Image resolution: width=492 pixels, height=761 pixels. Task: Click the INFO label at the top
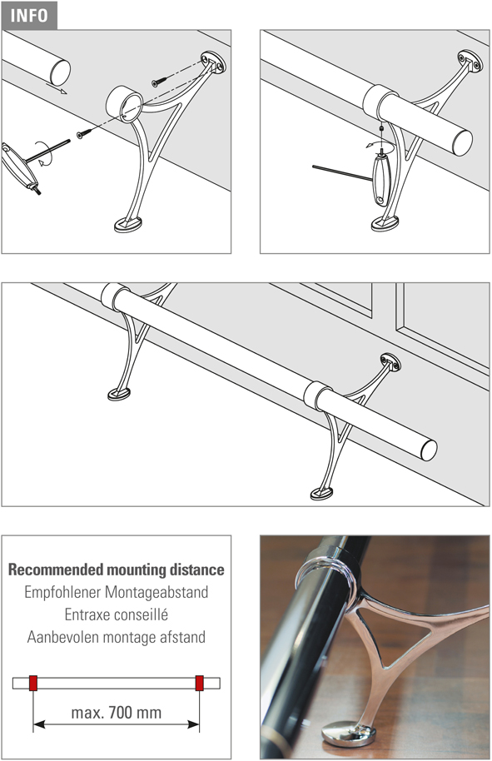(x=28, y=15)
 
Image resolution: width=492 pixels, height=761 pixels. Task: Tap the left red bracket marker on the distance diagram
(x=33, y=683)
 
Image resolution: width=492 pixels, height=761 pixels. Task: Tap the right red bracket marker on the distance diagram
(x=200, y=683)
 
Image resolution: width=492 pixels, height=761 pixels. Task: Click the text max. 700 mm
(x=116, y=713)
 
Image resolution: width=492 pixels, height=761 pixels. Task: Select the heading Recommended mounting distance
(x=116, y=570)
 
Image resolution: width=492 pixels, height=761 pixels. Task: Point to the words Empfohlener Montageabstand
(x=116, y=592)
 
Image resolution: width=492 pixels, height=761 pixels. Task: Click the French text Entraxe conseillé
(x=116, y=614)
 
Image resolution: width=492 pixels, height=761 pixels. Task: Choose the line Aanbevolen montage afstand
(x=116, y=637)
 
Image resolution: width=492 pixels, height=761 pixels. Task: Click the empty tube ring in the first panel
(x=124, y=104)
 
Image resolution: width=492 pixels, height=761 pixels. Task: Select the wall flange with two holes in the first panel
(x=213, y=62)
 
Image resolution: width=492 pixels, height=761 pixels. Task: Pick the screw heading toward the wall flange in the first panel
(x=160, y=82)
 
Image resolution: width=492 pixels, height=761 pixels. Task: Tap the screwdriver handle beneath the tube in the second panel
(x=381, y=180)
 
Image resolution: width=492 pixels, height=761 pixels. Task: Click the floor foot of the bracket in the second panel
(x=385, y=223)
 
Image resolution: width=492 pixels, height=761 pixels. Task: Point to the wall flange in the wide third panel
(x=390, y=362)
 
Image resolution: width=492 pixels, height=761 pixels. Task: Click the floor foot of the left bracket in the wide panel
(x=119, y=394)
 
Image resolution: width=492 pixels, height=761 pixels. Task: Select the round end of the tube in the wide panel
(x=429, y=450)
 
